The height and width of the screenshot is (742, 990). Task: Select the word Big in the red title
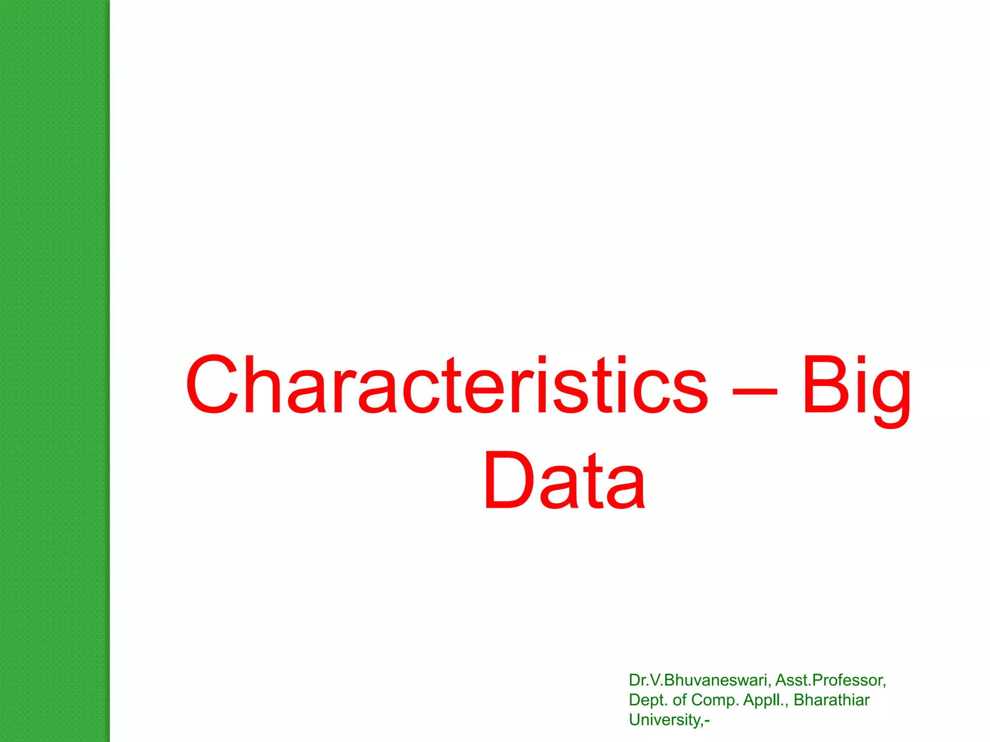856,386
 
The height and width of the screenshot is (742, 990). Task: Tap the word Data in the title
564,480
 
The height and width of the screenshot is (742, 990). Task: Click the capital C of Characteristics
213,385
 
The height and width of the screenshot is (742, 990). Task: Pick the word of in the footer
680,700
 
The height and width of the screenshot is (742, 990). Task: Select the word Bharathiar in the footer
831,700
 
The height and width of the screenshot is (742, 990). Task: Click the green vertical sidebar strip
55,371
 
